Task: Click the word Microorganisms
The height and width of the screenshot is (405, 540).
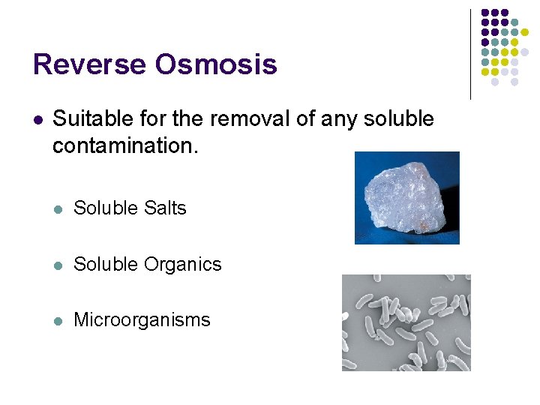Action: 142,319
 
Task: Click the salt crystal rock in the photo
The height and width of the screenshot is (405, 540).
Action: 405,196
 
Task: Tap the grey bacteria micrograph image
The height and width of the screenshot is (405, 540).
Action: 406,322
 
